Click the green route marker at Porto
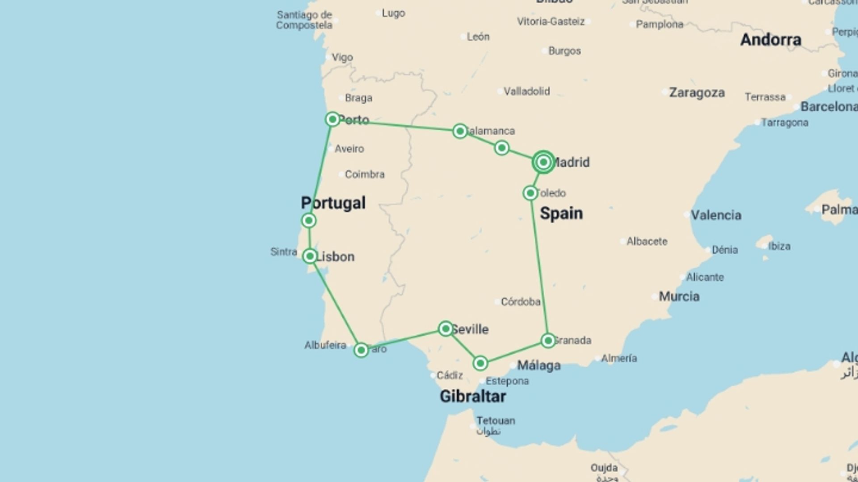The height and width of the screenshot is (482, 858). click(332, 119)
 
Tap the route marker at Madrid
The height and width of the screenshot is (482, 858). click(543, 162)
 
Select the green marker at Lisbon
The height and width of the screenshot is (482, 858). click(310, 256)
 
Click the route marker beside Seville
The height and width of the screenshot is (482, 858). click(446, 329)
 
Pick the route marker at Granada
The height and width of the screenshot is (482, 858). click(548, 341)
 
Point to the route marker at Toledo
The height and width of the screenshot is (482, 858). click(530, 193)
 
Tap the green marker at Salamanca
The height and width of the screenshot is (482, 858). click(460, 131)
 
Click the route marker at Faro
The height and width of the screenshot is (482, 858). click(361, 350)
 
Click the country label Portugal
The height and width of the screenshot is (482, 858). click(333, 203)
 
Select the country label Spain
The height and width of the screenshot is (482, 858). click(561, 213)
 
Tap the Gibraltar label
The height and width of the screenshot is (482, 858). click(473, 396)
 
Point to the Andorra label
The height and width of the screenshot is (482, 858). click(771, 40)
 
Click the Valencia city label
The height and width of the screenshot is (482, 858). click(716, 215)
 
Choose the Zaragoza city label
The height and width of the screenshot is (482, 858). click(697, 93)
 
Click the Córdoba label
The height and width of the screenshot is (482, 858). click(521, 302)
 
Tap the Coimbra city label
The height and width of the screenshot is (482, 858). click(365, 175)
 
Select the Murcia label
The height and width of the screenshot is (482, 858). click(679, 296)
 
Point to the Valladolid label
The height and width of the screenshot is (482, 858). click(527, 91)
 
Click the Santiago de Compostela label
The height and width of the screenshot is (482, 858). click(304, 20)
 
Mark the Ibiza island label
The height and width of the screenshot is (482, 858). click(779, 246)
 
